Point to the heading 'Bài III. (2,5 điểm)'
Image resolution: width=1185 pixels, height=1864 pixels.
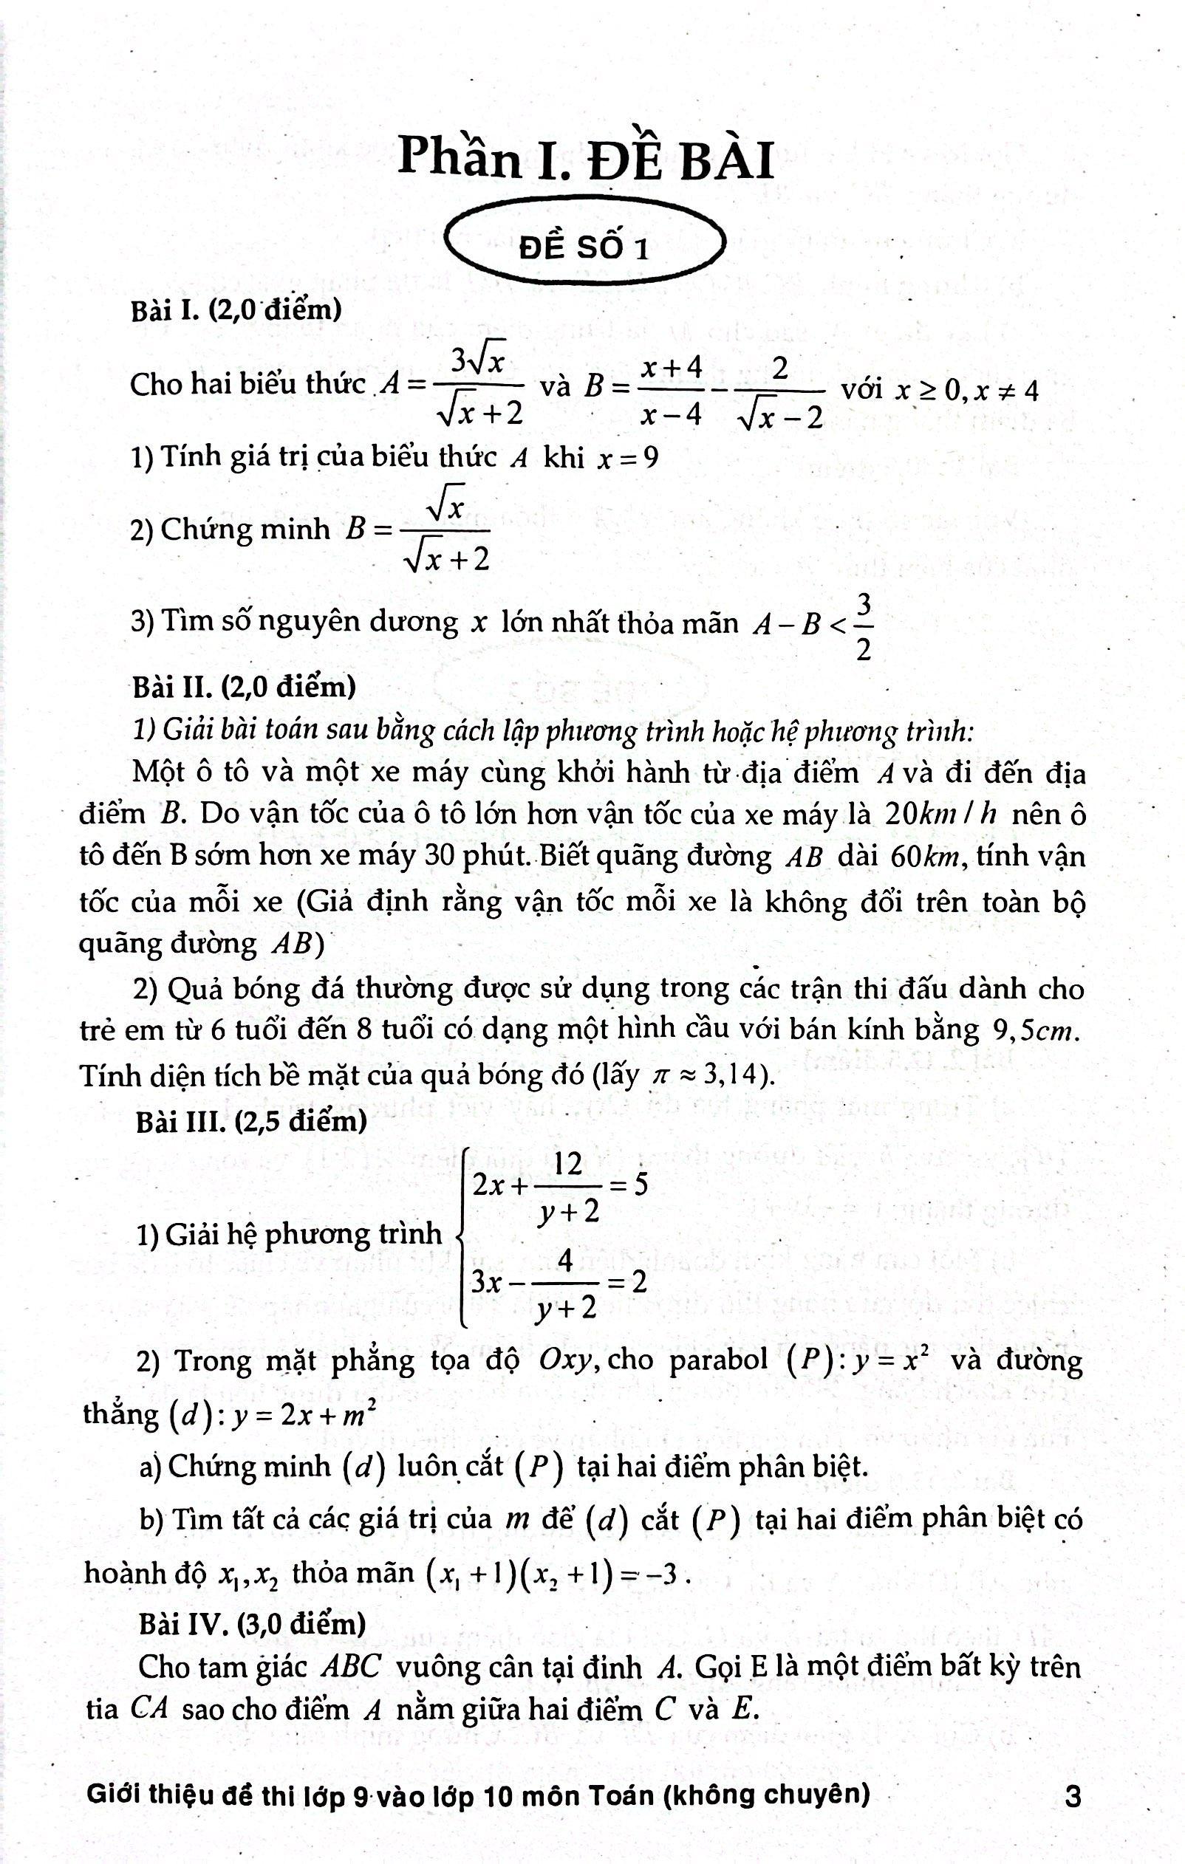[x=250, y=1120]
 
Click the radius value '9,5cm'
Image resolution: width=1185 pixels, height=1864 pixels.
[x=1035, y=1031]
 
